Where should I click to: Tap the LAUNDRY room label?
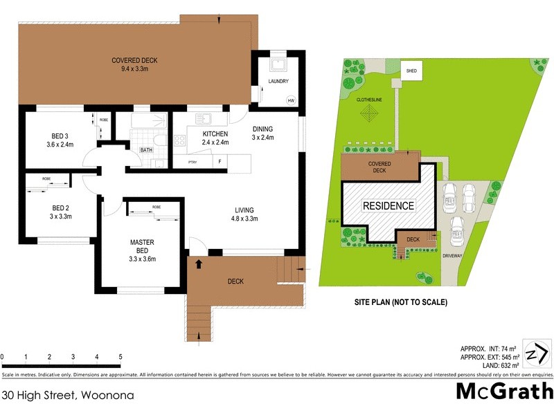click(278, 82)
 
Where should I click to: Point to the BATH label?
click(146, 149)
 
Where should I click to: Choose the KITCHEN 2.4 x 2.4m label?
click(215, 138)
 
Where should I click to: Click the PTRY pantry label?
click(193, 163)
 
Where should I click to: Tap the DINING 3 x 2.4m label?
click(262, 133)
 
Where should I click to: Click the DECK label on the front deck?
click(235, 281)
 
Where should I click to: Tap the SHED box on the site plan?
click(412, 71)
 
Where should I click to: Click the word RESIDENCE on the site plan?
click(388, 205)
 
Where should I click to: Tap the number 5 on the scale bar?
click(120, 356)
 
